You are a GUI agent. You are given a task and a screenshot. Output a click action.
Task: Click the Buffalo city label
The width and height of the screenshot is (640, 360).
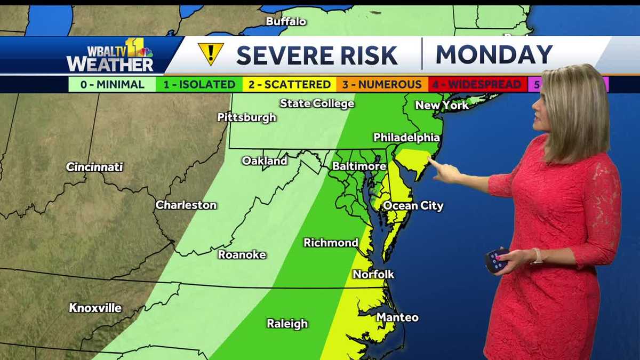(286, 22)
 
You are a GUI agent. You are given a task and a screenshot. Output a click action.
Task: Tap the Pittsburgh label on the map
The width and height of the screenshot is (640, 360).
(246, 117)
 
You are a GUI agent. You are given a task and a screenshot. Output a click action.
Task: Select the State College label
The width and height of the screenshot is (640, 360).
(317, 103)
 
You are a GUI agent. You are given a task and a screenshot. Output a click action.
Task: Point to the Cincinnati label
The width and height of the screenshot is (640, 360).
(94, 167)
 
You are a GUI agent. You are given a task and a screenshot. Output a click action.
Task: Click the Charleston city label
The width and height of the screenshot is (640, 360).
(186, 205)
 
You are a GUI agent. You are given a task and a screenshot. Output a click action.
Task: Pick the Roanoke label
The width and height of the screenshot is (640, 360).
(242, 255)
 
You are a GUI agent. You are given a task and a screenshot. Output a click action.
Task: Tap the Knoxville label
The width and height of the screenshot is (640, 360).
(95, 308)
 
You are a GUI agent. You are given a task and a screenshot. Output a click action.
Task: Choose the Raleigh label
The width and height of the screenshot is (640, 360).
(287, 324)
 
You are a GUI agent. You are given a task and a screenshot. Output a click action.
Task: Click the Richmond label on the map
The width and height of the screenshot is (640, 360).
(331, 243)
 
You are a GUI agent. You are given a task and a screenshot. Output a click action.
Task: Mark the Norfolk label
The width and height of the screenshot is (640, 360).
(373, 274)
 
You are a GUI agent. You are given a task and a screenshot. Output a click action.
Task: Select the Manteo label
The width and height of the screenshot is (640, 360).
(397, 317)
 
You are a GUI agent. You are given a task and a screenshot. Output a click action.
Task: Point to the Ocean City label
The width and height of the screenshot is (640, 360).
(413, 206)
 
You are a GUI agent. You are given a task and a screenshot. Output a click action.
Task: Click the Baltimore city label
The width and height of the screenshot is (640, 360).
(359, 166)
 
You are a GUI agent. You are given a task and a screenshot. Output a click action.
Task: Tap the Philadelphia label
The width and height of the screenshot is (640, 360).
(406, 138)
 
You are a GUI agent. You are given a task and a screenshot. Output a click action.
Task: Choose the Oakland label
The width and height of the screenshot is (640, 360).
(264, 161)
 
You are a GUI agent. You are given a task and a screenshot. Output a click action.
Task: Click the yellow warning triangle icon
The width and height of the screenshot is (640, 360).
(211, 54)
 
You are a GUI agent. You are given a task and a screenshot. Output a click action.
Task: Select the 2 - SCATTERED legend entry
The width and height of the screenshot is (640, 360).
(289, 84)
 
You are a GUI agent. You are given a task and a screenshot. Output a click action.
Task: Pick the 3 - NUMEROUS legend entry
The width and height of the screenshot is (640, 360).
(382, 84)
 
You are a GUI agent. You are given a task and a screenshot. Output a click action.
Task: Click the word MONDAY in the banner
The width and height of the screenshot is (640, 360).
(493, 54)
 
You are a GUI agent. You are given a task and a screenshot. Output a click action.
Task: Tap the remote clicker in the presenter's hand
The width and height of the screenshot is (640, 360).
(496, 260)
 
